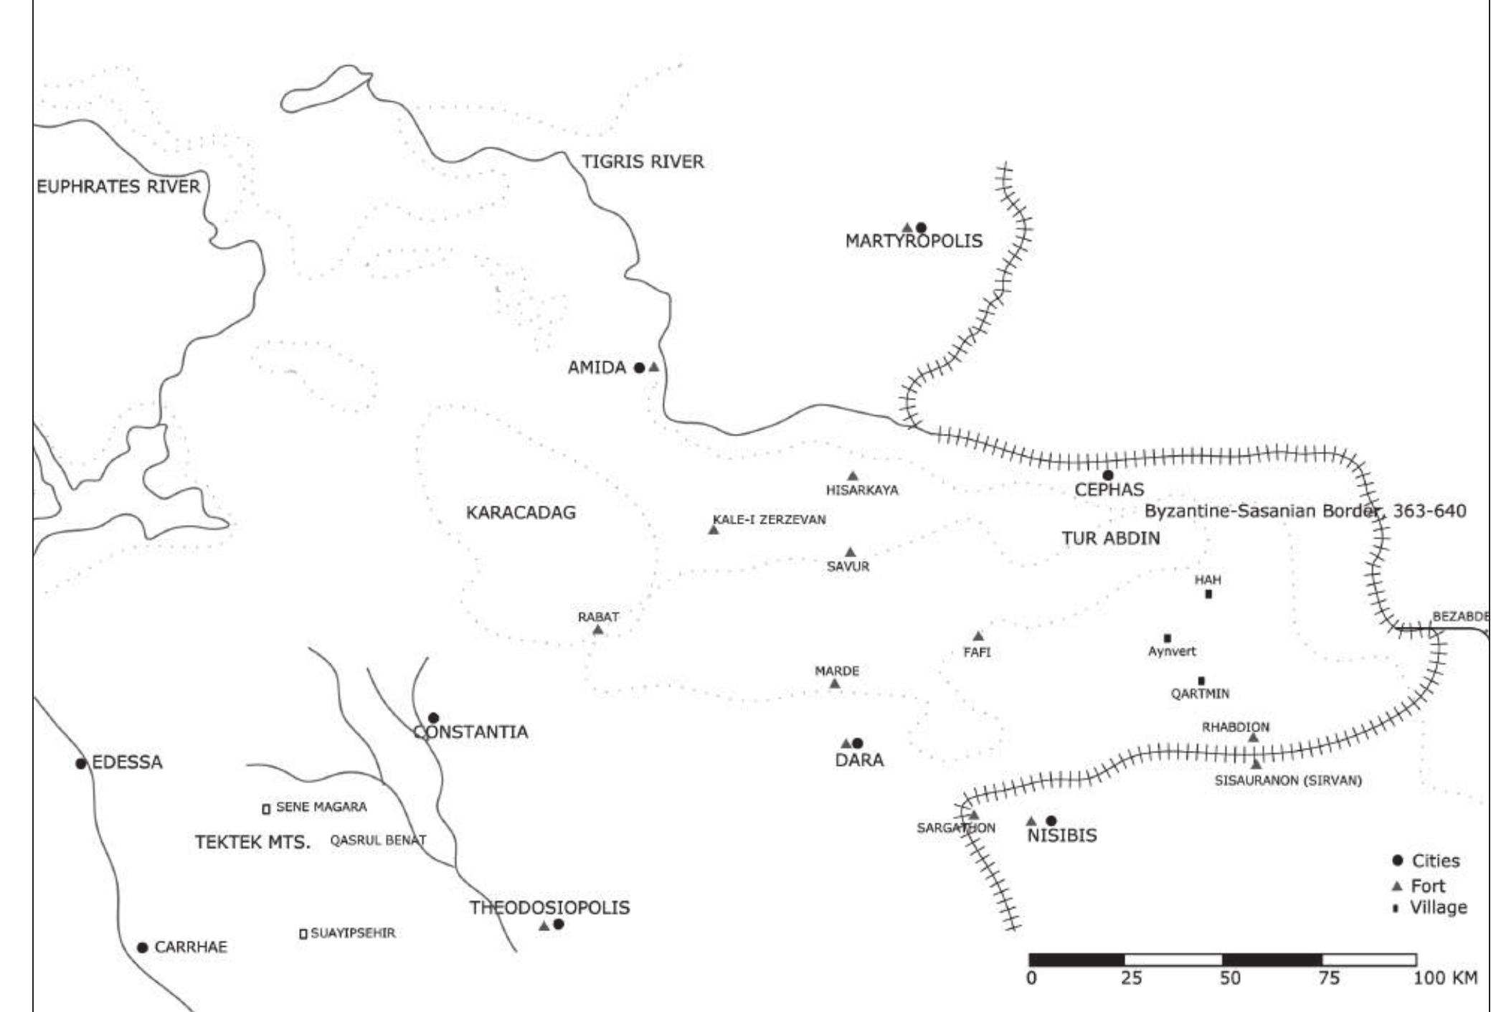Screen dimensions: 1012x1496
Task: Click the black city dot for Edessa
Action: pyautogui.click(x=81, y=763)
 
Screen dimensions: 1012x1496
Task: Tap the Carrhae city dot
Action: pyautogui.click(x=143, y=947)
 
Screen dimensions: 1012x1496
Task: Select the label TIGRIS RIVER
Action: pyautogui.click(x=643, y=162)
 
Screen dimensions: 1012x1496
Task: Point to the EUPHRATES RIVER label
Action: pyautogui.click(x=118, y=187)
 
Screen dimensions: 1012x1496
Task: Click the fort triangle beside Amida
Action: pyautogui.click(x=654, y=367)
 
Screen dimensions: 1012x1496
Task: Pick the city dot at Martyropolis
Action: pyautogui.click(x=922, y=228)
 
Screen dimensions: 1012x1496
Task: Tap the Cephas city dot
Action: pyautogui.click(x=1108, y=475)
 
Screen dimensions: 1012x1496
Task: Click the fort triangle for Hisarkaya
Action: pyautogui.click(x=853, y=476)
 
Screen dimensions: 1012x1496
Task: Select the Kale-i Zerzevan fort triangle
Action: pyautogui.click(x=713, y=530)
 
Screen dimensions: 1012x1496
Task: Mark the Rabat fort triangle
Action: pyautogui.click(x=598, y=630)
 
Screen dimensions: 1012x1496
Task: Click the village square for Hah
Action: pyautogui.click(x=1208, y=594)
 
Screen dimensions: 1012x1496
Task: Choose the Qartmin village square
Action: pyautogui.click(x=1202, y=681)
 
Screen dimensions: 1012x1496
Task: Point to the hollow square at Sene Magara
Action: pyautogui.click(x=265, y=808)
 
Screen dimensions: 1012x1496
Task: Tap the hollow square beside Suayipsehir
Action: pyautogui.click(x=303, y=933)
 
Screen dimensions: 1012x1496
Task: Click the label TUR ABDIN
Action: pyautogui.click(x=1111, y=539)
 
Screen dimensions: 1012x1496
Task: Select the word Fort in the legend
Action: pyautogui.click(x=1428, y=886)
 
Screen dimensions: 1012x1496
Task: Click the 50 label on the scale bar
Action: pyautogui.click(x=1230, y=978)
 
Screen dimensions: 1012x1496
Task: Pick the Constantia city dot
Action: pyautogui.click(x=433, y=718)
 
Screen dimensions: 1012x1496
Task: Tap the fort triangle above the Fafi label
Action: pyautogui.click(x=978, y=636)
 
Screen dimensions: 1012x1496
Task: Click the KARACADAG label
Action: pyautogui.click(x=521, y=513)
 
